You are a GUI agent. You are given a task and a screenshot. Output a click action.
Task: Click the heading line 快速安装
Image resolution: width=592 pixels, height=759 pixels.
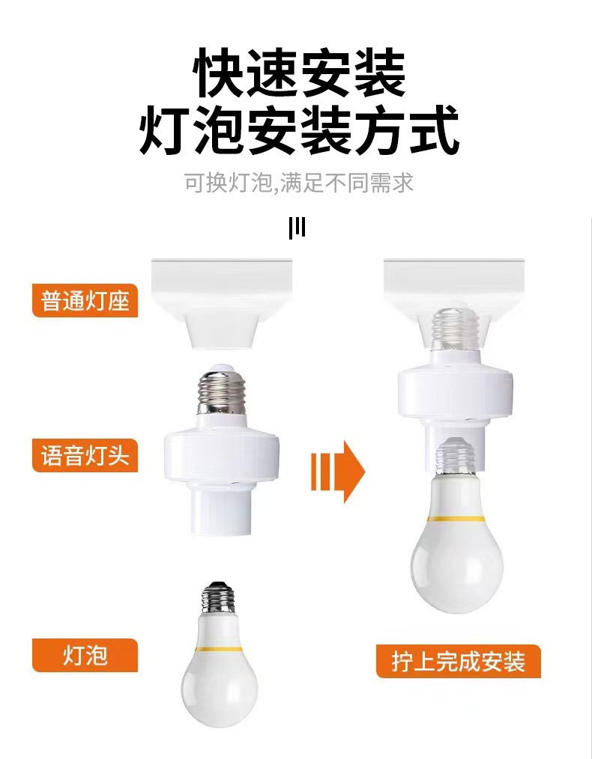coord(299,73)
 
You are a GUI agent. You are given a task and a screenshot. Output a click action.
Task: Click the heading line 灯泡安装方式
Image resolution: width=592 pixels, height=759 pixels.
coord(299,131)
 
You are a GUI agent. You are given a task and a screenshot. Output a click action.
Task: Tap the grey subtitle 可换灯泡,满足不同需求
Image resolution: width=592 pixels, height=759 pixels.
coord(299,183)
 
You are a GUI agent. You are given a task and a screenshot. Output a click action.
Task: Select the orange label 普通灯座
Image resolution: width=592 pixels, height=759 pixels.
coord(85,300)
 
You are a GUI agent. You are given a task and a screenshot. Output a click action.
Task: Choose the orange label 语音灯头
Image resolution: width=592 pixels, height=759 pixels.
coord(85,455)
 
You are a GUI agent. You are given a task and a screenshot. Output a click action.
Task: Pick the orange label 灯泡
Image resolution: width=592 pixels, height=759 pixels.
coord(85,655)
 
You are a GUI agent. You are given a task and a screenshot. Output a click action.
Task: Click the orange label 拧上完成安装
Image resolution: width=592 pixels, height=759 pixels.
coord(458,661)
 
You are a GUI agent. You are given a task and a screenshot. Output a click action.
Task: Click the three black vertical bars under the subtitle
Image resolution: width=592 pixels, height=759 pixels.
coord(297,228)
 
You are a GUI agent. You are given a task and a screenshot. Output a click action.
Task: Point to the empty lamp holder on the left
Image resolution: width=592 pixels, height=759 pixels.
coord(220,299)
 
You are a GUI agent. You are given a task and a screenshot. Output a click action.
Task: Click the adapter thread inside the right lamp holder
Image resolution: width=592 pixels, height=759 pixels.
coord(456,329)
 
